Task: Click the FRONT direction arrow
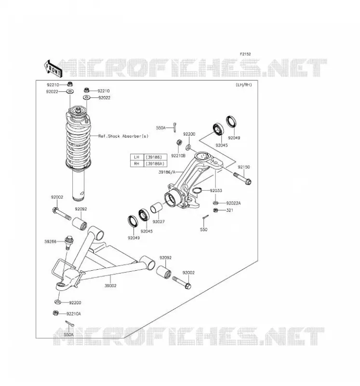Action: [53, 69]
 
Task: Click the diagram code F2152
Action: [245, 54]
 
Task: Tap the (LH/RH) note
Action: [244, 85]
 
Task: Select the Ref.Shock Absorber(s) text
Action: [123, 136]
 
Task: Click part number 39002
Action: [110, 286]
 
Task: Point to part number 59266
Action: [51, 242]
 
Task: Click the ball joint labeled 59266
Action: [68, 243]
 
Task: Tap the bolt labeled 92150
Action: [242, 178]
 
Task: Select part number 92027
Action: [159, 221]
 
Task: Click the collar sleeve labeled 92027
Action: [157, 207]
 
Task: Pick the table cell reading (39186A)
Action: [155, 164]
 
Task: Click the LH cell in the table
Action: [136, 157]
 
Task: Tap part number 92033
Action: [216, 191]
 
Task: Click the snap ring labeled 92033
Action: [197, 190]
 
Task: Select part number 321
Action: [229, 210]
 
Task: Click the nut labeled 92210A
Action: [55, 313]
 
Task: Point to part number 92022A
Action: [233, 203]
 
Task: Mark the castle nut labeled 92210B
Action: [179, 142]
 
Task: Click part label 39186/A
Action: [167, 172]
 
